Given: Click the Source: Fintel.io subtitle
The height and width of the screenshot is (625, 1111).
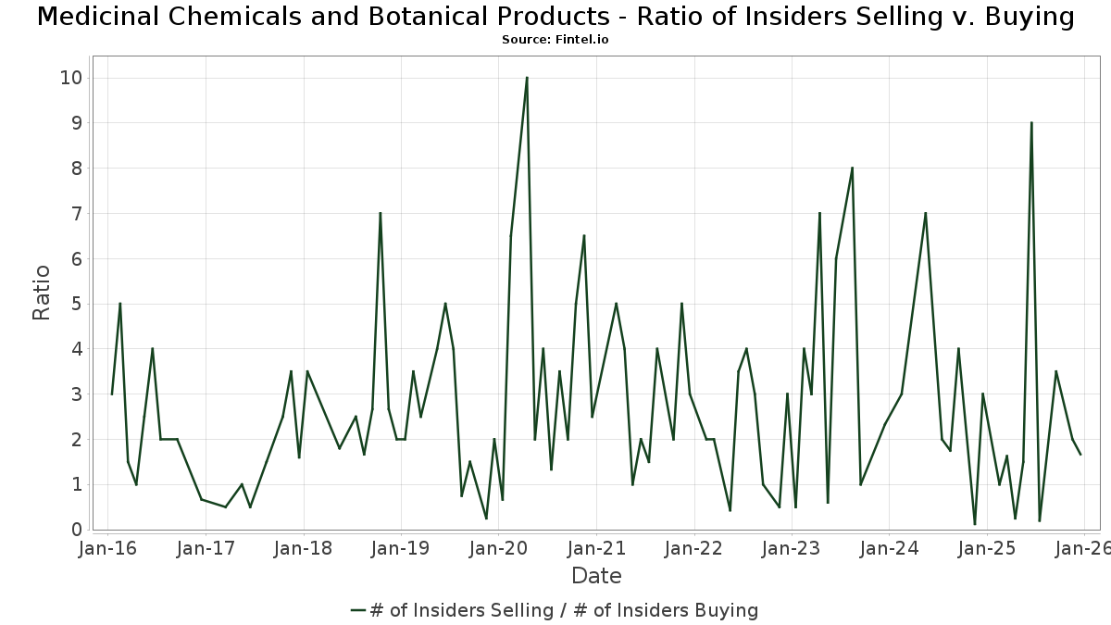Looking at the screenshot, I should (555, 40).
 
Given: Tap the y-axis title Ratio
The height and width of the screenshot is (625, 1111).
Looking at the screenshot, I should (42, 293).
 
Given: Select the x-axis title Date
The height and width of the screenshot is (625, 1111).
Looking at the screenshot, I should (596, 576).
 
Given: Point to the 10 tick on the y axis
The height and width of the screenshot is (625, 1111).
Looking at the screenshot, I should (70, 78).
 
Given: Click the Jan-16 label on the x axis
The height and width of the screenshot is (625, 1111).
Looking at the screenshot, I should (107, 548).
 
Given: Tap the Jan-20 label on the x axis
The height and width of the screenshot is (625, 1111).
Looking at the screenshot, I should (498, 548).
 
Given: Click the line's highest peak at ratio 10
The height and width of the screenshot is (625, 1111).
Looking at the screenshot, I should (527, 78).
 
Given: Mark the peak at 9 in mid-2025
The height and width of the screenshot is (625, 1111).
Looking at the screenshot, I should (1031, 123).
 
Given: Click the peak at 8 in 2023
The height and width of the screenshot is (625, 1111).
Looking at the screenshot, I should (852, 169).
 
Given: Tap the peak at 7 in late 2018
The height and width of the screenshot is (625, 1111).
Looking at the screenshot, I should (380, 214).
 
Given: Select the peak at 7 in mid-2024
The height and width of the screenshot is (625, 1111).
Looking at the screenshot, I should (925, 214).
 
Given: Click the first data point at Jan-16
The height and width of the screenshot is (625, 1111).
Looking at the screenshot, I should (112, 394).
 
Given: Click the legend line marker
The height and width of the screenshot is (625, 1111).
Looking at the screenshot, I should (359, 610).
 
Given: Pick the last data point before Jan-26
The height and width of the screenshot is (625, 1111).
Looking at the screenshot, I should (1080, 455).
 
